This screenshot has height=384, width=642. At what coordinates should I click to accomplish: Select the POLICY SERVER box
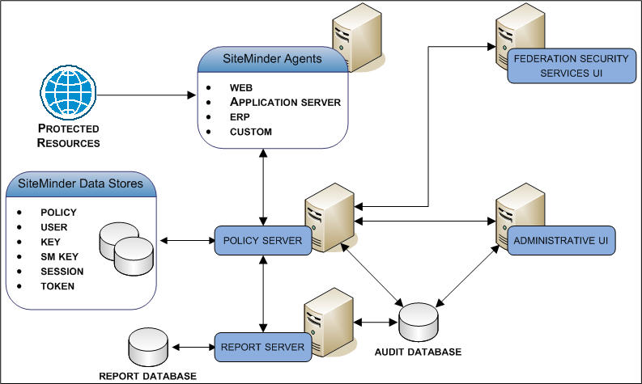262,241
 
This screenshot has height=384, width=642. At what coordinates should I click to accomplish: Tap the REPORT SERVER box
262,348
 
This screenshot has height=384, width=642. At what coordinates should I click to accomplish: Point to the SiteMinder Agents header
272,59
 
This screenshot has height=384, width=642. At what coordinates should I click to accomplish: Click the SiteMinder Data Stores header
80,184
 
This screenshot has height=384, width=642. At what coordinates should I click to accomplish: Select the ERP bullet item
239,117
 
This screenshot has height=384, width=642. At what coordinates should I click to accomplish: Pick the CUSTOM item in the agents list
250,132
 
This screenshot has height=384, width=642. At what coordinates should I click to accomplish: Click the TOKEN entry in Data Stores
57,285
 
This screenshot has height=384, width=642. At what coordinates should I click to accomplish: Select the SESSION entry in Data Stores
62,271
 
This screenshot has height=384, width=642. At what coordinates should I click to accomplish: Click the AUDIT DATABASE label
418,352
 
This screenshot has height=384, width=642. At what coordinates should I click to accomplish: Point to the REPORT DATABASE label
147,376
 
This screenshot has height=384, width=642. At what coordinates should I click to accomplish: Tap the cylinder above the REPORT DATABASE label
148,348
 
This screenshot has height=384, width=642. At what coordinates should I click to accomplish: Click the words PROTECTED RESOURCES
69,136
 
